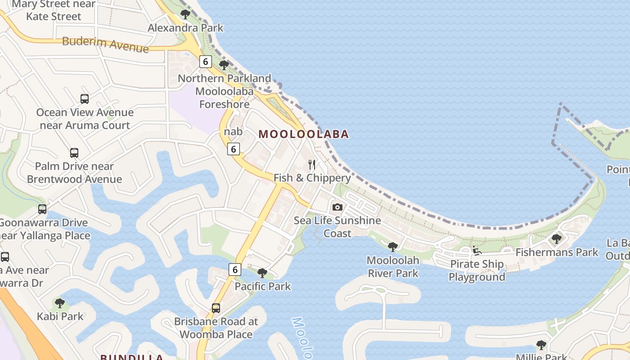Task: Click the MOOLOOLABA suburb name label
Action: (304, 134)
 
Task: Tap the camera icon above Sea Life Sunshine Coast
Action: (337, 207)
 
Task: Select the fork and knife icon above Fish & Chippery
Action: (312, 164)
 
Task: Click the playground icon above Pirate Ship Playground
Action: (477, 251)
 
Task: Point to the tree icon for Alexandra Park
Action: (185, 14)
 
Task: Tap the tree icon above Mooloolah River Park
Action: (393, 247)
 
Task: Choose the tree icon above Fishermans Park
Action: (557, 238)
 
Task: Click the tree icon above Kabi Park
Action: (60, 303)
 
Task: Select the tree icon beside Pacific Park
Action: (262, 273)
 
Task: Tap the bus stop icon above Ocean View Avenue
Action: (85, 99)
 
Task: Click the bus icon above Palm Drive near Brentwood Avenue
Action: (74, 153)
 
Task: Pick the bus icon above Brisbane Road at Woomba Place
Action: (216, 308)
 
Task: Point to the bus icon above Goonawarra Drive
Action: (42, 209)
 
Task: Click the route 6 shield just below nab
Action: (233, 148)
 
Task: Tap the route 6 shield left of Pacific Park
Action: (234, 270)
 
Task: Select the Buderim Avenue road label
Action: (105, 44)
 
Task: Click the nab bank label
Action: (233, 132)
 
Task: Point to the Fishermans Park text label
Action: (557, 252)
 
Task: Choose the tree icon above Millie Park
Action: (541, 345)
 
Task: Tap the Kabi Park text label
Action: (60, 316)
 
